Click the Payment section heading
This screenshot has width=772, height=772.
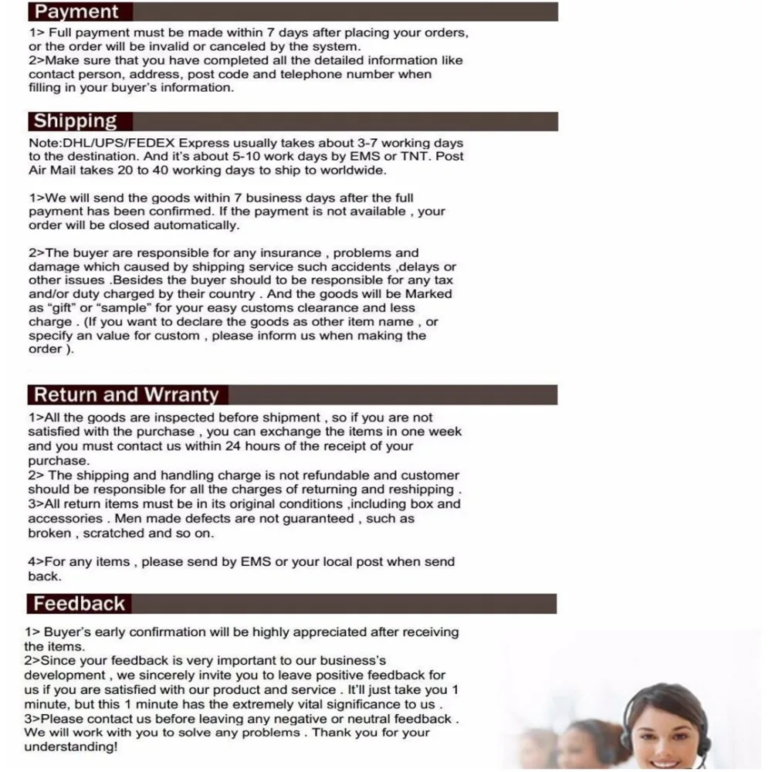76,12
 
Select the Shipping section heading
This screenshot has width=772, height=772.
75,121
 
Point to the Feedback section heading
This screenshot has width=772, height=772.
79,604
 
